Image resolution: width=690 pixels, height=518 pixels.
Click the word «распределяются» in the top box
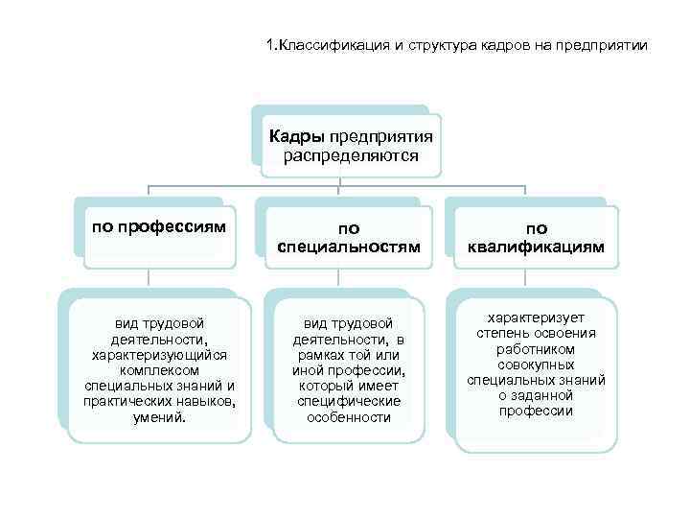pyautogui.click(x=351, y=154)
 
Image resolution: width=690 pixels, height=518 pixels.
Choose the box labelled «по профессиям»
pyautogui.click(x=159, y=228)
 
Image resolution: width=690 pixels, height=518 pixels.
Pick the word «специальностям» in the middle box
pyautogui.click(x=349, y=247)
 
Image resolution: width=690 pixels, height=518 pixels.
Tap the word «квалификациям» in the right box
pyautogui.click(x=537, y=247)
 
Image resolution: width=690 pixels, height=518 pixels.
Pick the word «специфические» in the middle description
pyautogui.click(x=349, y=402)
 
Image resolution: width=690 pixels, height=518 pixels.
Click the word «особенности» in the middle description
pyautogui.click(x=349, y=417)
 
